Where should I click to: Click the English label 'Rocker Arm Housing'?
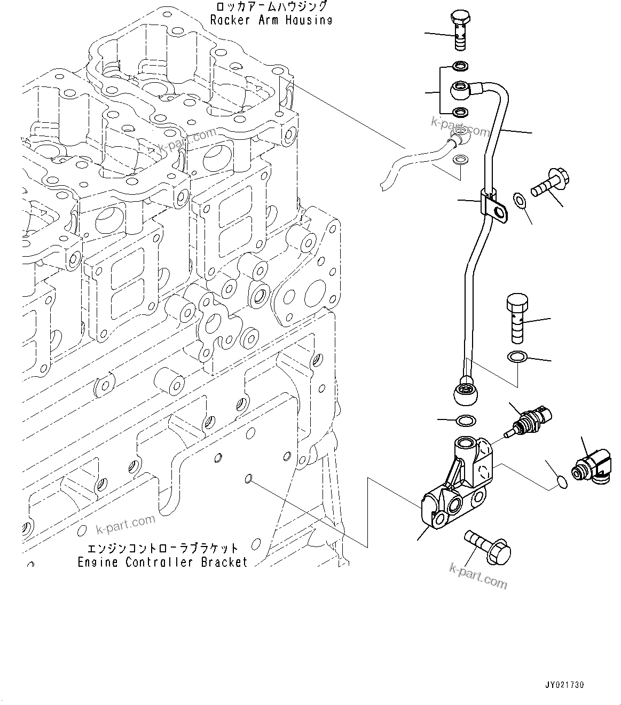coord(271,20)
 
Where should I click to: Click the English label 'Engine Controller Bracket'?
coord(162,562)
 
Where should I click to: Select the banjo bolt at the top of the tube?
coord(460,30)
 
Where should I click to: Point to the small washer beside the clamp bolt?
coord(519,201)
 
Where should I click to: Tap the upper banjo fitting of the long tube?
coord(461,90)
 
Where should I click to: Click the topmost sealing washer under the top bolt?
coord(460,66)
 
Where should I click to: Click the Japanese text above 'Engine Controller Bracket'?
coord(162,548)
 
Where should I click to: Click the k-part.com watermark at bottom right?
coord(478,575)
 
